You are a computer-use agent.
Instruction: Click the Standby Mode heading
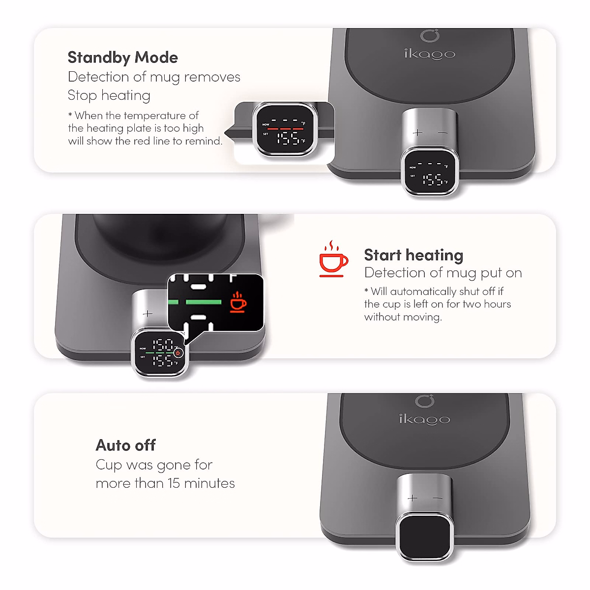[122, 58]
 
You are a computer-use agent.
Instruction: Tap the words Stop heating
[109, 95]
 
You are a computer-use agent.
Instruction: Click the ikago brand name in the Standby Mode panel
[430, 54]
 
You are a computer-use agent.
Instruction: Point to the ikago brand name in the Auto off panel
[424, 419]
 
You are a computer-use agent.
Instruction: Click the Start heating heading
[413, 255]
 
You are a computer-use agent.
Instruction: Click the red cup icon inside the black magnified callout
[238, 302]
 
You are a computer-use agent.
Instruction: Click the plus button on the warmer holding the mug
[147, 314]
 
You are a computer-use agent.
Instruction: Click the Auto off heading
[125, 445]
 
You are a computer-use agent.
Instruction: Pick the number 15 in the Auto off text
[173, 483]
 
